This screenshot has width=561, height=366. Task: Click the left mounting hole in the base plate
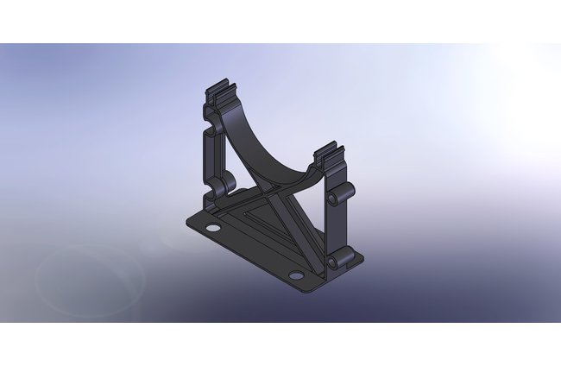click(210, 228)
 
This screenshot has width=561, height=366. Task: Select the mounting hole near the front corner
click(296, 274)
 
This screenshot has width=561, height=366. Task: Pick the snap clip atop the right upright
click(329, 155)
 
